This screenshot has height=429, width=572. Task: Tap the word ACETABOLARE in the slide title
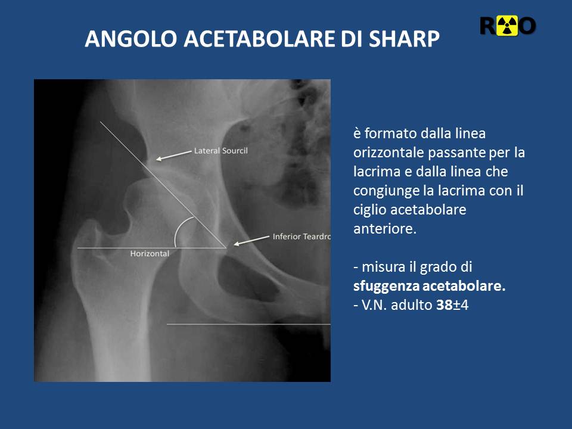[x=259, y=38]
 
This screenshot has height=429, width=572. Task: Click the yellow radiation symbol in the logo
[x=507, y=26]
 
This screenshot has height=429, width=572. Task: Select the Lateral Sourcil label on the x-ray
[x=220, y=150]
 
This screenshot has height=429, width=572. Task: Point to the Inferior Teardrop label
[x=301, y=237]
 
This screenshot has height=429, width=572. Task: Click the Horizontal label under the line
[x=150, y=254]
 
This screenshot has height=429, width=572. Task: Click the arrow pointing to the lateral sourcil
[x=173, y=155]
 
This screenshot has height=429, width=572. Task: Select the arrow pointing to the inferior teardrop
[x=251, y=241]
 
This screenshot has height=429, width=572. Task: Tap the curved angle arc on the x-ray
[x=178, y=229]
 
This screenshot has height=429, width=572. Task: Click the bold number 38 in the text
[x=444, y=304]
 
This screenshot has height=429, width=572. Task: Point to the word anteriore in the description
[x=385, y=229]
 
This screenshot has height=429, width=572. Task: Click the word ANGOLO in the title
[x=131, y=38]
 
